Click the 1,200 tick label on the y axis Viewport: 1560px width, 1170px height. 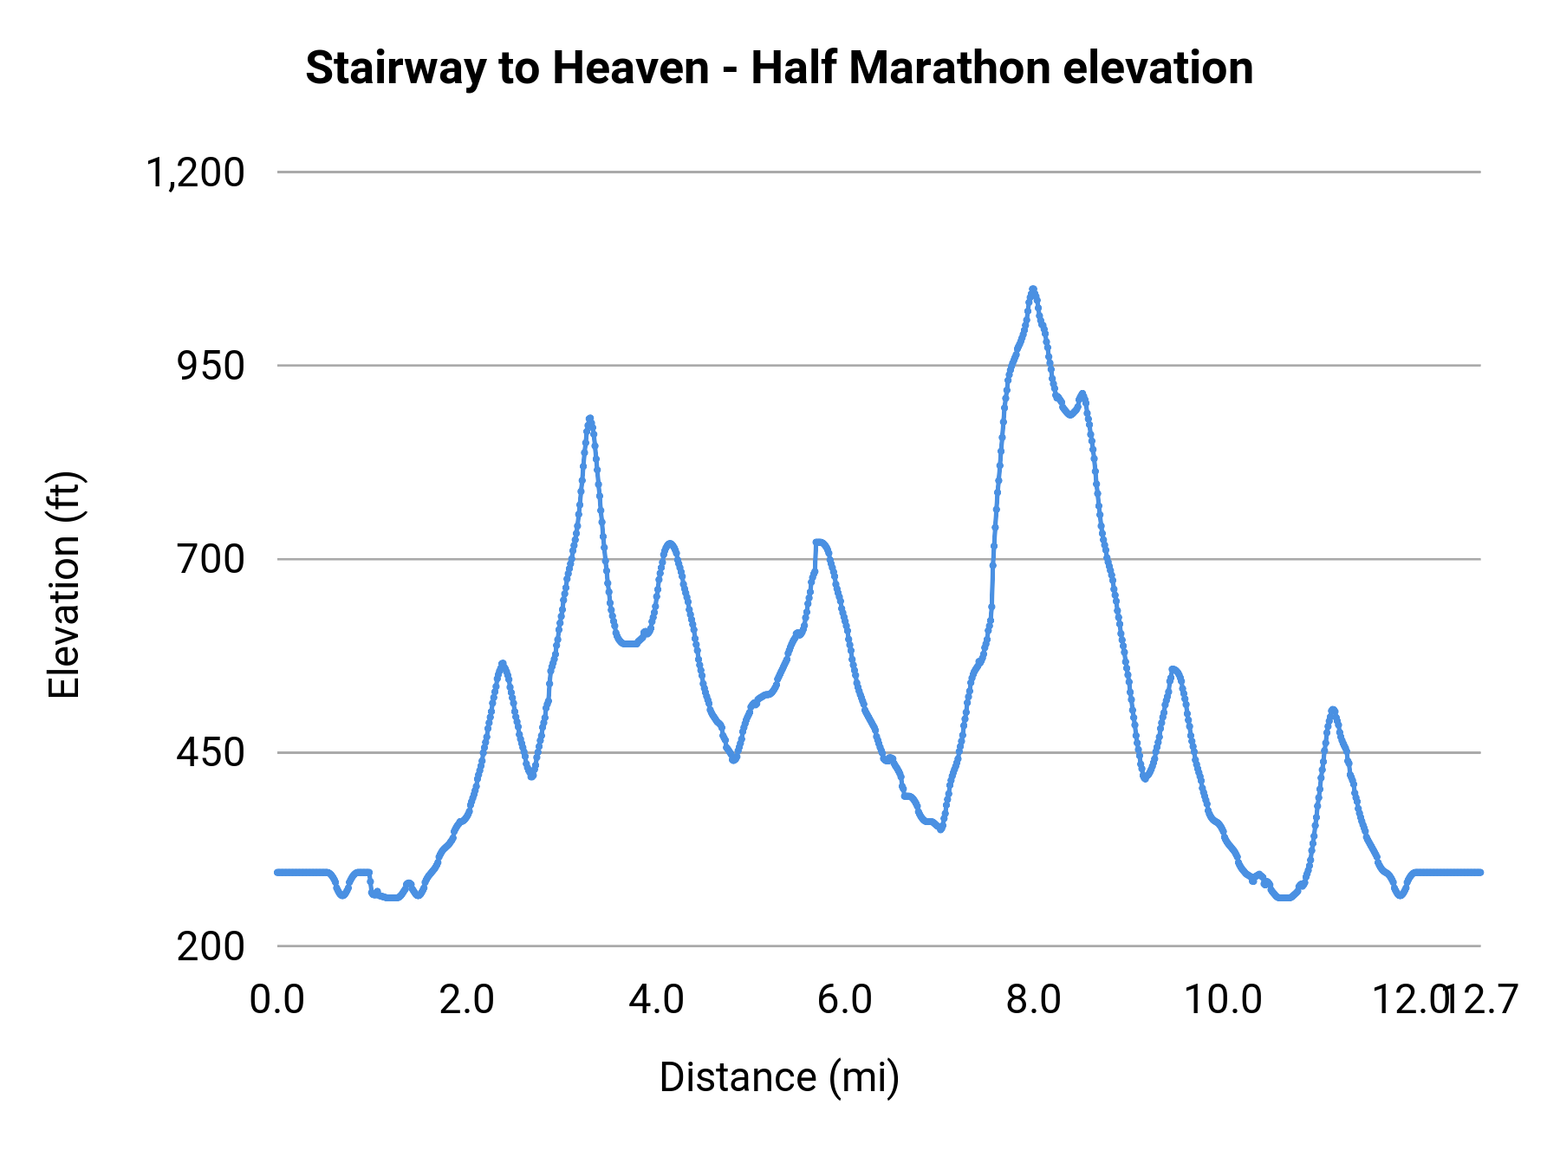pyautogui.click(x=196, y=172)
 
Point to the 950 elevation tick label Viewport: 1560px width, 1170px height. pyautogui.click(x=211, y=366)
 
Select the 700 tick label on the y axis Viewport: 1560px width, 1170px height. pyautogui.click(x=211, y=559)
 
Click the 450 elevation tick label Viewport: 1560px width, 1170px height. pyautogui.click(x=211, y=752)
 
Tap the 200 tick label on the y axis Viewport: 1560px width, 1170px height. pyautogui.click(x=211, y=946)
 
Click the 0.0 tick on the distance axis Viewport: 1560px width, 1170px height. pyautogui.click(x=277, y=999)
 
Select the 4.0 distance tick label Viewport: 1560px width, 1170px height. pyautogui.click(x=656, y=999)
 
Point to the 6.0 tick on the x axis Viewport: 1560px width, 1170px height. pyautogui.click(x=845, y=999)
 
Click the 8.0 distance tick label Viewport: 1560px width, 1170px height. pyautogui.click(x=1034, y=999)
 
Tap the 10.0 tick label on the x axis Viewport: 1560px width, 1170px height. pyautogui.click(x=1223, y=999)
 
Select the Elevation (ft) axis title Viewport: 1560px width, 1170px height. pyautogui.click(x=64, y=585)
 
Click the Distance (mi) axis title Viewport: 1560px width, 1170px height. pyautogui.click(x=779, y=1077)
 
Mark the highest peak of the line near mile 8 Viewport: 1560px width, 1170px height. pyautogui.click(x=1032, y=289)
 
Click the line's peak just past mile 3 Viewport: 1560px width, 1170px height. pyautogui.click(x=589, y=419)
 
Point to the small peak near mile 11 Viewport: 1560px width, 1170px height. pyautogui.click(x=1333, y=710)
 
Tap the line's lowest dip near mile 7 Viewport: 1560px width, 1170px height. pyautogui.click(x=941, y=829)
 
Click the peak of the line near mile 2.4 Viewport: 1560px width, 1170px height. pyautogui.click(x=502, y=663)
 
